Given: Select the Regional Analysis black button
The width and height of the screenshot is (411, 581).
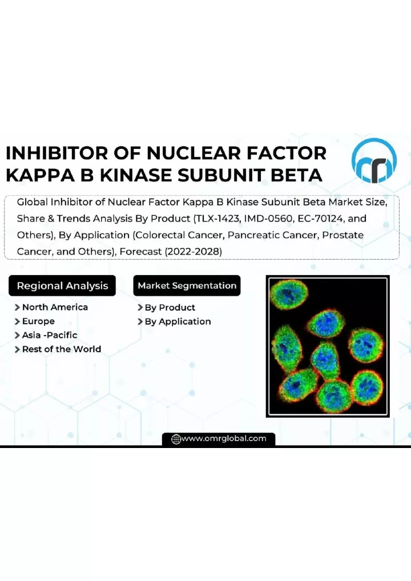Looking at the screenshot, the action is (62, 286).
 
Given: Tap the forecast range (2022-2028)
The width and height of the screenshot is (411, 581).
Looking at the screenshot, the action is (193, 252).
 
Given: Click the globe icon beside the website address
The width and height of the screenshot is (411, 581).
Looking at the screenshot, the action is (176, 439).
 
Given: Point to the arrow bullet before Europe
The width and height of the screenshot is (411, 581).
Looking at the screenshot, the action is (17, 322).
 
